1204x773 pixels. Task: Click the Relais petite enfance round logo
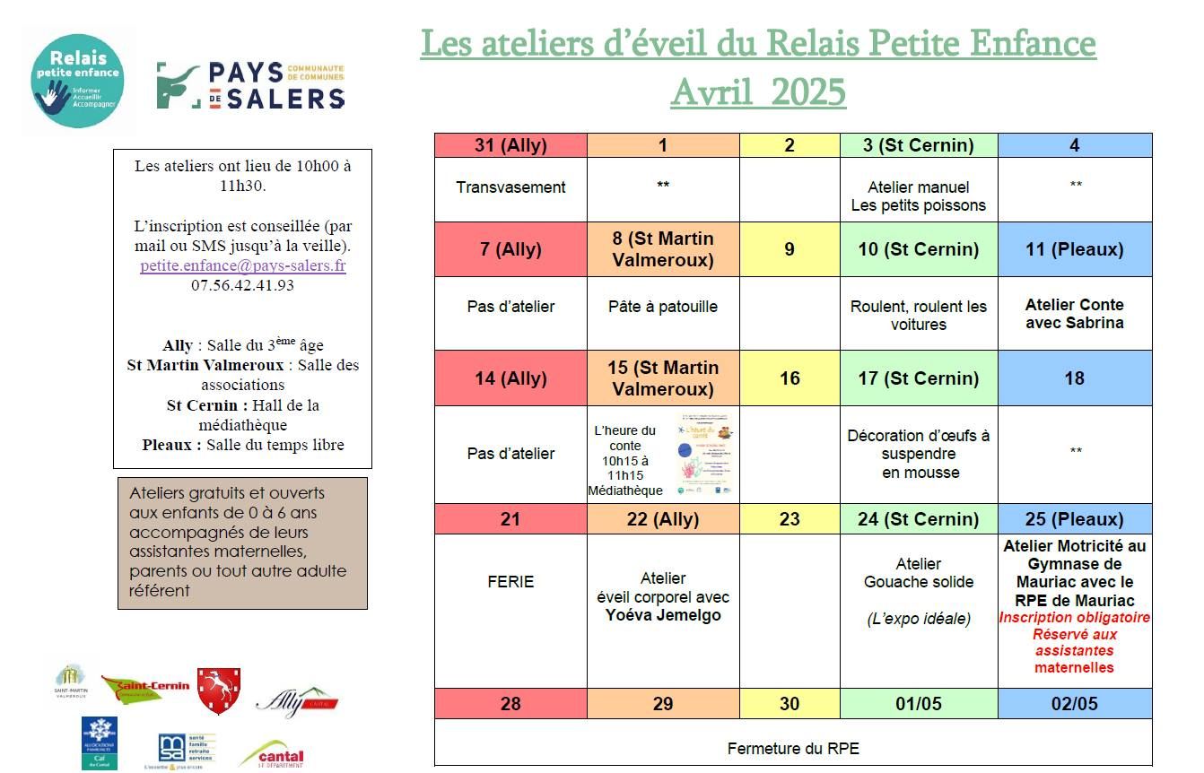pyautogui.click(x=77, y=82)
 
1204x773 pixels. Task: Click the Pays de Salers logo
pyautogui.click(x=250, y=86)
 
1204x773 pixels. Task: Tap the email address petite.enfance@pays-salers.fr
pyautogui.click(x=242, y=266)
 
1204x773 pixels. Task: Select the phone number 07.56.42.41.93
pyautogui.click(x=242, y=285)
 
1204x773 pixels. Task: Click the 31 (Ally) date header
pyautogui.click(x=510, y=145)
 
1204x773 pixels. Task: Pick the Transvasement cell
pyautogui.click(x=510, y=187)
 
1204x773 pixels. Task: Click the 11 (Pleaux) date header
pyautogui.click(x=1074, y=249)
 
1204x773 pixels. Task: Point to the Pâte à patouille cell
pyautogui.click(x=663, y=307)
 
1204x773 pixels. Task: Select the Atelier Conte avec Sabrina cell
pyautogui.click(x=1074, y=314)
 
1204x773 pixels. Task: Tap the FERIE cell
pyautogui.click(x=510, y=582)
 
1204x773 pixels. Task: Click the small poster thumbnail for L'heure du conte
pyautogui.click(x=707, y=455)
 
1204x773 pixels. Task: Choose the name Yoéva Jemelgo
pyautogui.click(x=663, y=615)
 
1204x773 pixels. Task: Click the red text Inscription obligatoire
pyautogui.click(x=1074, y=618)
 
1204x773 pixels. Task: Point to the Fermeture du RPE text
pyautogui.click(x=792, y=749)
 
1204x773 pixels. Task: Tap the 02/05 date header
pyautogui.click(x=1074, y=704)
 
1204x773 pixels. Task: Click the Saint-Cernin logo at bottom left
pyautogui.click(x=145, y=688)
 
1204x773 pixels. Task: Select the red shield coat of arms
pyautogui.click(x=218, y=690)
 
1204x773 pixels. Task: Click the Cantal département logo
pyautogui.click(x=272, y=754)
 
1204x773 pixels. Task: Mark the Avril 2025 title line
pyautogui.click(x=757, y=92)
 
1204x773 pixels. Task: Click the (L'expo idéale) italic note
pyautogui.click(x=918, y=619)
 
